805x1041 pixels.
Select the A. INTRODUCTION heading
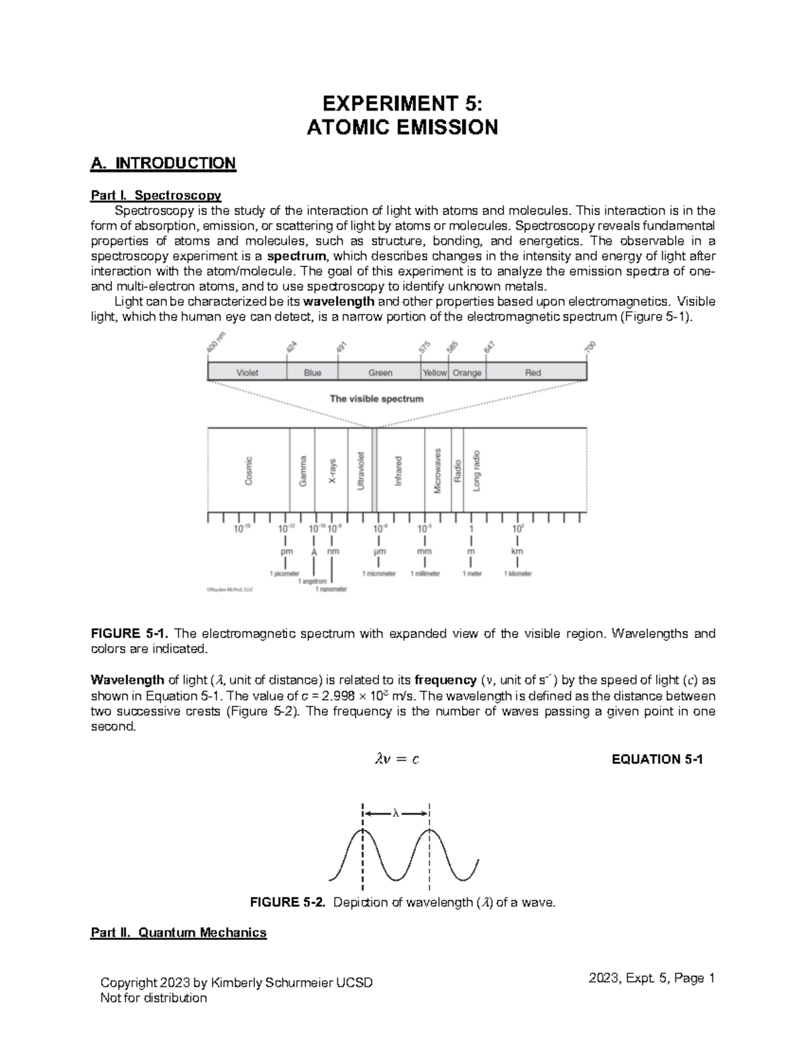click(163, 163)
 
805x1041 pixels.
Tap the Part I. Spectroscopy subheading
click(156, 195)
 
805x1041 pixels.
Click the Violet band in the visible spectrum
click(247, 373)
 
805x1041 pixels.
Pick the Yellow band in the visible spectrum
click(434, 373)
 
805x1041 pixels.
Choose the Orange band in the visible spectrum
click(467, 373)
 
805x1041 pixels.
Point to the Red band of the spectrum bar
click(533, 373)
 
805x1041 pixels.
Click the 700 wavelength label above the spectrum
click(590, 347)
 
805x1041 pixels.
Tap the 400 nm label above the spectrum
click(215, 347)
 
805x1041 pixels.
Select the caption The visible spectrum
click(376, 399)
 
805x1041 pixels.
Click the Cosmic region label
click(249, 471)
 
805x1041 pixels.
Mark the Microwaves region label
click(437, 471)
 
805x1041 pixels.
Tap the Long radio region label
click(476, 471)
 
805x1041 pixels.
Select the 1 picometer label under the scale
click(284, 574)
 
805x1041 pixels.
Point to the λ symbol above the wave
click(396, 813)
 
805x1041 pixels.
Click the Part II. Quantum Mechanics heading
click(178, 932)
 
